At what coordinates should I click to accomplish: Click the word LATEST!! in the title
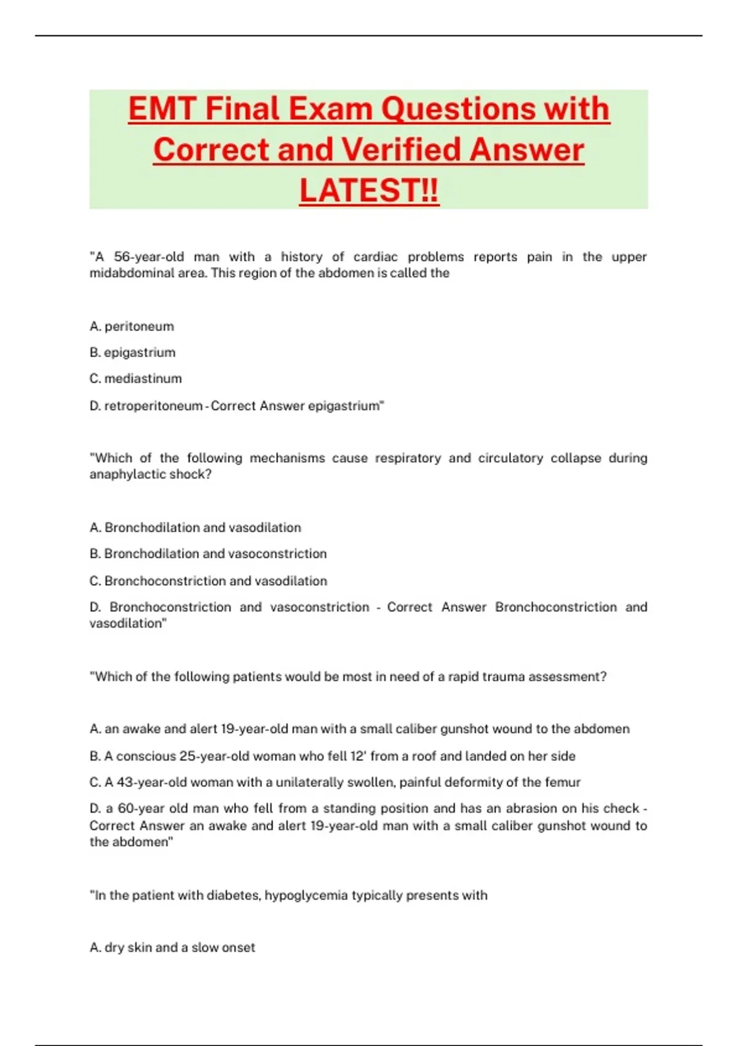pos(369,190)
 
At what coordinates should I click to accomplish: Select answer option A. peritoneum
pos(132,326)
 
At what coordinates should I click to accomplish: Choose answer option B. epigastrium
pos(132,353)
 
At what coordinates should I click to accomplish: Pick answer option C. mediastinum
pos(135,378)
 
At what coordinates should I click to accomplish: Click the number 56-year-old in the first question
pos(148,257)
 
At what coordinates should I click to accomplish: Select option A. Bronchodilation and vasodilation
pos(195,527)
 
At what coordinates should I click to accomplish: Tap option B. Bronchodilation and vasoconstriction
pos(208,554)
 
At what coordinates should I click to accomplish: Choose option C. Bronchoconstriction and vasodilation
pos(208,581)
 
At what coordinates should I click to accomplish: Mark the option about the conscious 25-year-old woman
pos(332,756)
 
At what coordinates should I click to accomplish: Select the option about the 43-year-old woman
pos(335,782)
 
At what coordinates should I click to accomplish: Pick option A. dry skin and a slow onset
pos(172,948)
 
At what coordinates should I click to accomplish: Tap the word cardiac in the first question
pos(375,257)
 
